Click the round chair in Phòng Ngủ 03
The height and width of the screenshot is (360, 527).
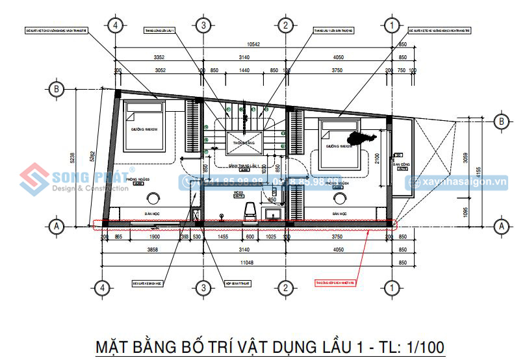click(x=155, y=199)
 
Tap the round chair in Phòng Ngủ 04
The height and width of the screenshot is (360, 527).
click(x=339, y=199)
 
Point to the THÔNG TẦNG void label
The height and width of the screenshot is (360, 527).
click(x=242, y=142)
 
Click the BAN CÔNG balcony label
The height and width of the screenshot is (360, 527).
click(x=400, y=164)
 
